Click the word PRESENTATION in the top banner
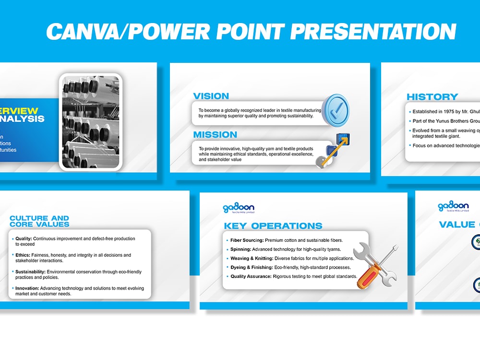372,32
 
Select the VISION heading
211,96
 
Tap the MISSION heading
215,135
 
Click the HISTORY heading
432,96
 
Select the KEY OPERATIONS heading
273,226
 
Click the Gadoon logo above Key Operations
239,208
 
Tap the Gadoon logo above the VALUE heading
453,207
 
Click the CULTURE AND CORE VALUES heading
39,221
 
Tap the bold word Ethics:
23,255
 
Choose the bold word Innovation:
27,288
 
